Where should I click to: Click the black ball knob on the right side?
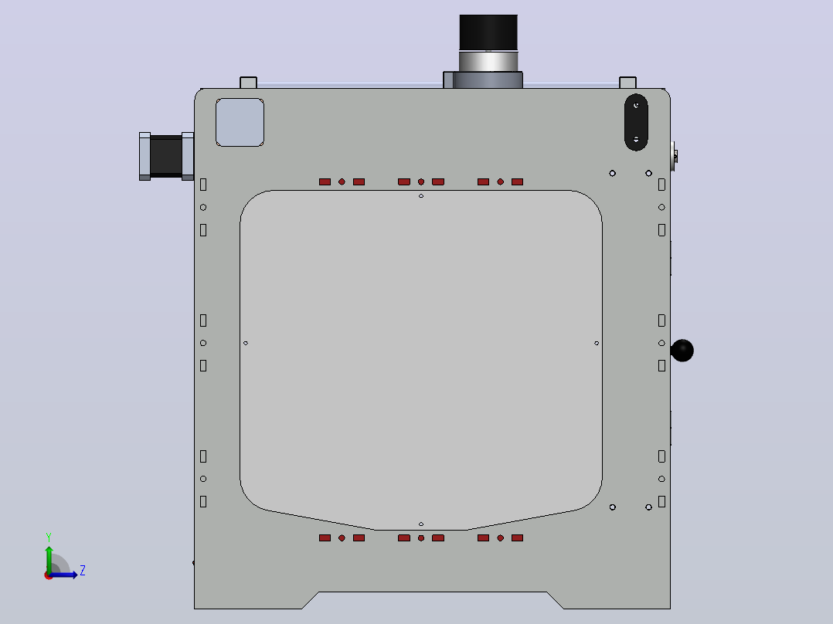click(x=682, y=351)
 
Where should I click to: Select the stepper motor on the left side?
click(x=166, y=156)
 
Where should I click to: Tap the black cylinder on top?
click(x=488, y=33)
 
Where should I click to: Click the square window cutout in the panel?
click(x=240, y=122)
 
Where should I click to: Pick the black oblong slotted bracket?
click(x=636, y=122)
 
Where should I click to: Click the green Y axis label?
click(x=49, y=537)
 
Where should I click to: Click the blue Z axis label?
click(x=83, y=571)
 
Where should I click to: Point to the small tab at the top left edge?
click(x=248, y=83)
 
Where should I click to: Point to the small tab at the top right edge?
click(x=627, y=83)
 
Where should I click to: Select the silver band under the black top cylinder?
click(x=488, y=61)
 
